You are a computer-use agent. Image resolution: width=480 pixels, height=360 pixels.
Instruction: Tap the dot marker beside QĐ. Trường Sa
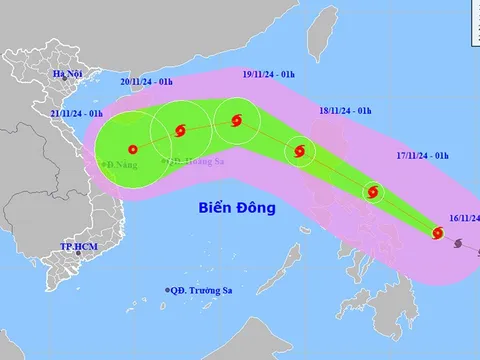point(167,290)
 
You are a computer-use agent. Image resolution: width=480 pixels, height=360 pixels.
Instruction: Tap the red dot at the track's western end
point(134,151)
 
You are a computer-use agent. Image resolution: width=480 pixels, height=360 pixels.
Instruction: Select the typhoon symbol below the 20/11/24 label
point(180,129)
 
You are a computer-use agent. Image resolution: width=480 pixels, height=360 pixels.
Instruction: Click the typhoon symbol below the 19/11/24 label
point(235,121)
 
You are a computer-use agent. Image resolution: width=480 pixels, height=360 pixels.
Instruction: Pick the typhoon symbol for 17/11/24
point(373,192)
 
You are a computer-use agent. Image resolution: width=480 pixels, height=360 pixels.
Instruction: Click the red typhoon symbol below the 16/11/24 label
point(437,234)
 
